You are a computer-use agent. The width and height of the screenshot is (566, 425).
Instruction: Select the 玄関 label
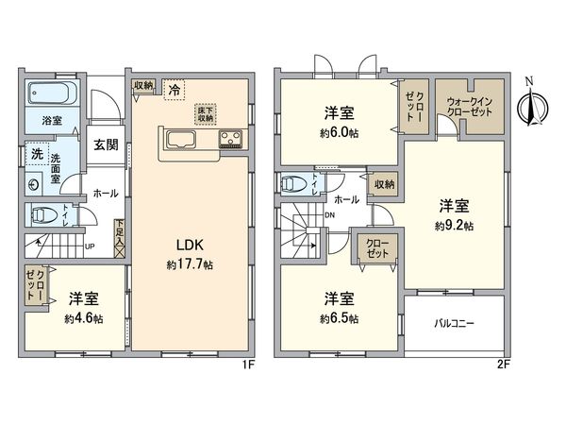click(105, 144)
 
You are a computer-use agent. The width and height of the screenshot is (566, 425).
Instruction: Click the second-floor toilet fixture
click(293, 183)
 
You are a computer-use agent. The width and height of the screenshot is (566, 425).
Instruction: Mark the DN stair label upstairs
click(328, 214)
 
